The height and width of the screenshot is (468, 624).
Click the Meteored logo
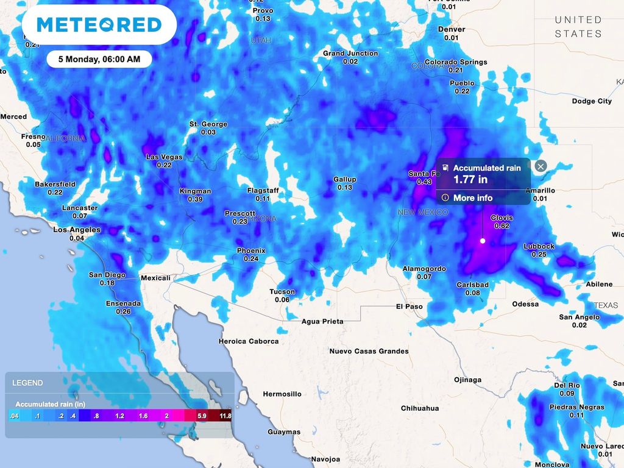99,25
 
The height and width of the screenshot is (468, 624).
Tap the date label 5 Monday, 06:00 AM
99,59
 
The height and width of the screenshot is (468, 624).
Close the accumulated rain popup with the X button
541,166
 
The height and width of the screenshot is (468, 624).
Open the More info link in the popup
472,198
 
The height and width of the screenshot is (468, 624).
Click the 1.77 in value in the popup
470,180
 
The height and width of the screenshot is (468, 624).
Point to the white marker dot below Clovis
483,241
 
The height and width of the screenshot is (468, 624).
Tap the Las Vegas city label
164,157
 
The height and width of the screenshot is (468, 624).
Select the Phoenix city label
251,250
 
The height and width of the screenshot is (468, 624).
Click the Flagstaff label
263,191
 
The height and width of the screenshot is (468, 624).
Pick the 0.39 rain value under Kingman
195,199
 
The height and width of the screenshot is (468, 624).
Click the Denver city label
452,29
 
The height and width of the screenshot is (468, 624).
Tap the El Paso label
409,306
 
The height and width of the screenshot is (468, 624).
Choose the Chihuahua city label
420,408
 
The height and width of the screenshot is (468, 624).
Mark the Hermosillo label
282,394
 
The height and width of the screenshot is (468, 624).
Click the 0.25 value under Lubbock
539,254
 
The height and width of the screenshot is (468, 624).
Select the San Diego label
107,275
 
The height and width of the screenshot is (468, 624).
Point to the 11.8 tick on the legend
225,416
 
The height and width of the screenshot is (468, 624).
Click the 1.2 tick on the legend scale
119,416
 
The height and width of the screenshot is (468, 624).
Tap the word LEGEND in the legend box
27,383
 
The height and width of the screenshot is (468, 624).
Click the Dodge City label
592,101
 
